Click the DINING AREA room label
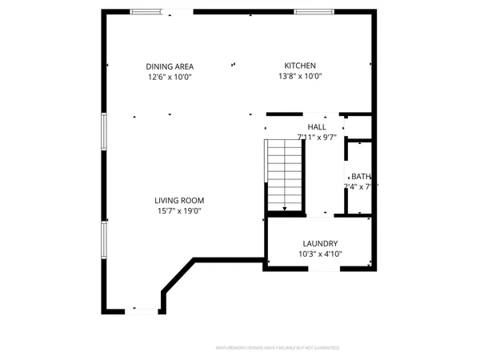170,66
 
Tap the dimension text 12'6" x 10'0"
170,78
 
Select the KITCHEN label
301,66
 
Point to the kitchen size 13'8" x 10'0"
301,78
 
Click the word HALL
317,126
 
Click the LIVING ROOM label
179,201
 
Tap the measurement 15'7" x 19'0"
179,212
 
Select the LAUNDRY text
320,244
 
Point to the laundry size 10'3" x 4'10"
320,255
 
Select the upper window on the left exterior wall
103,131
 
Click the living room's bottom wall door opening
145,311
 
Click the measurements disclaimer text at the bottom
278,348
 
